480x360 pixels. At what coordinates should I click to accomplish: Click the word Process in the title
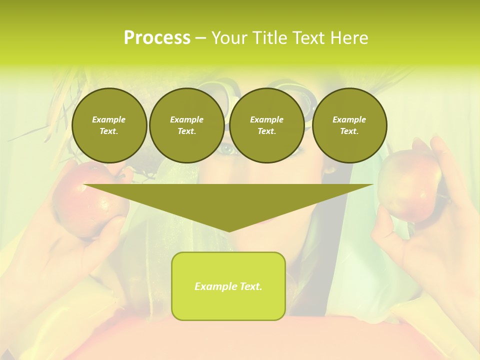coord(157,38)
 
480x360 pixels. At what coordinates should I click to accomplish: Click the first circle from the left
coord(109,125)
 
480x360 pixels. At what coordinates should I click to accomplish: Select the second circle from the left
coord(187,125)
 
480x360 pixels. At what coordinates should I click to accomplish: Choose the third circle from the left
coord(267,125)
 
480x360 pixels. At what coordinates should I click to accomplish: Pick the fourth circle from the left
coord(349,125)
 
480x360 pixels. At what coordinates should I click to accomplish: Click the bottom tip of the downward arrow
coord(228,230)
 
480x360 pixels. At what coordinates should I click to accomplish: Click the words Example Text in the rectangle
coord(228,286)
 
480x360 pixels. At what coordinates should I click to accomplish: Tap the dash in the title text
coord(200,38)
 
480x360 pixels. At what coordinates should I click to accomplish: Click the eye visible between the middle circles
coord(227,149)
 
